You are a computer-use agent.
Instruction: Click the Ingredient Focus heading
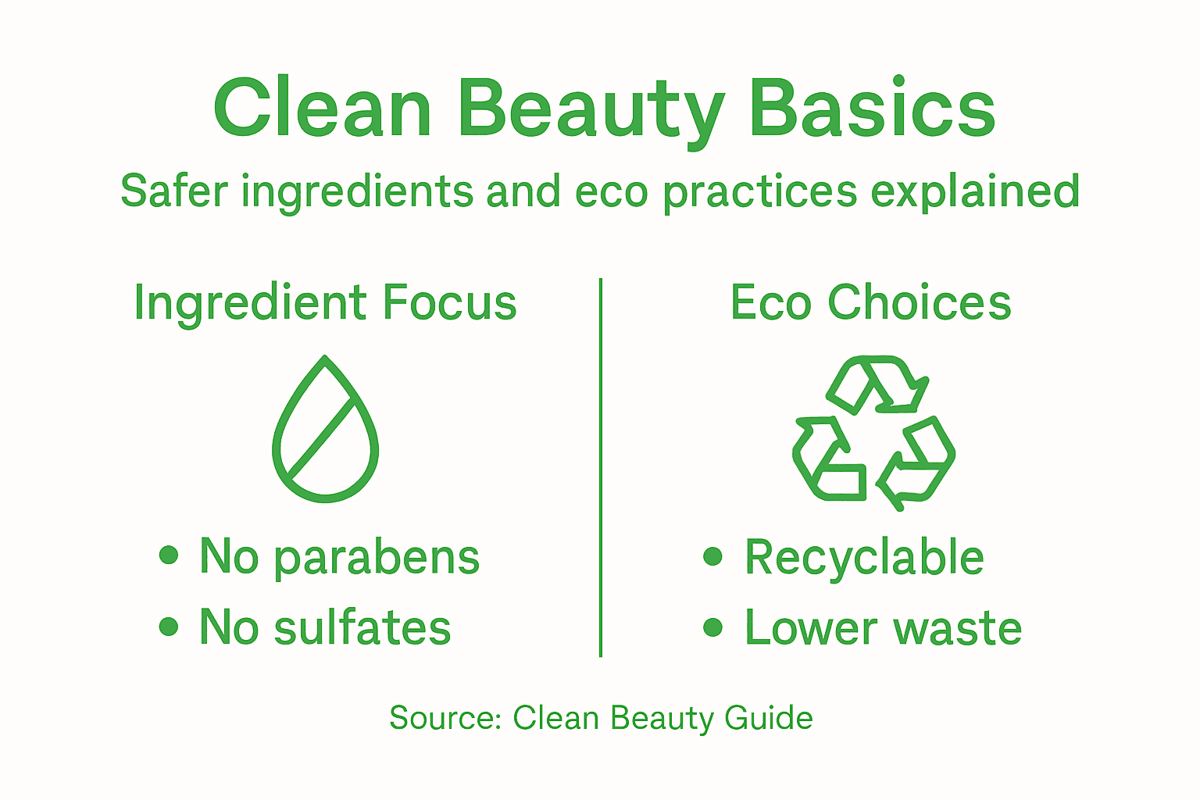(x=325, y=303)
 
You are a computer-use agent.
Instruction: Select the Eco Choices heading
(x=870, y=302)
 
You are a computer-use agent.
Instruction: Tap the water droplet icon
(x=325, y=430)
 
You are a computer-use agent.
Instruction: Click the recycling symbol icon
(x=873, y=432)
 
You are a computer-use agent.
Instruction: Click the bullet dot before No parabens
(x=169, y=555)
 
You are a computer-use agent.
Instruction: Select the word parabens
(x=377, y=558)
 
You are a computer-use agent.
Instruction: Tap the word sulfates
(x=362, y=627)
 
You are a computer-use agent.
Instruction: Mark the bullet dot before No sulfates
(x=169, y=626)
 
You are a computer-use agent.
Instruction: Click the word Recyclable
(x=864, y=558)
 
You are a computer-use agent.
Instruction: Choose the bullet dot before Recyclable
(x=712, y=555)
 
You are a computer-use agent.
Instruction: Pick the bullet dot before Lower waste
(x=712, y=626)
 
